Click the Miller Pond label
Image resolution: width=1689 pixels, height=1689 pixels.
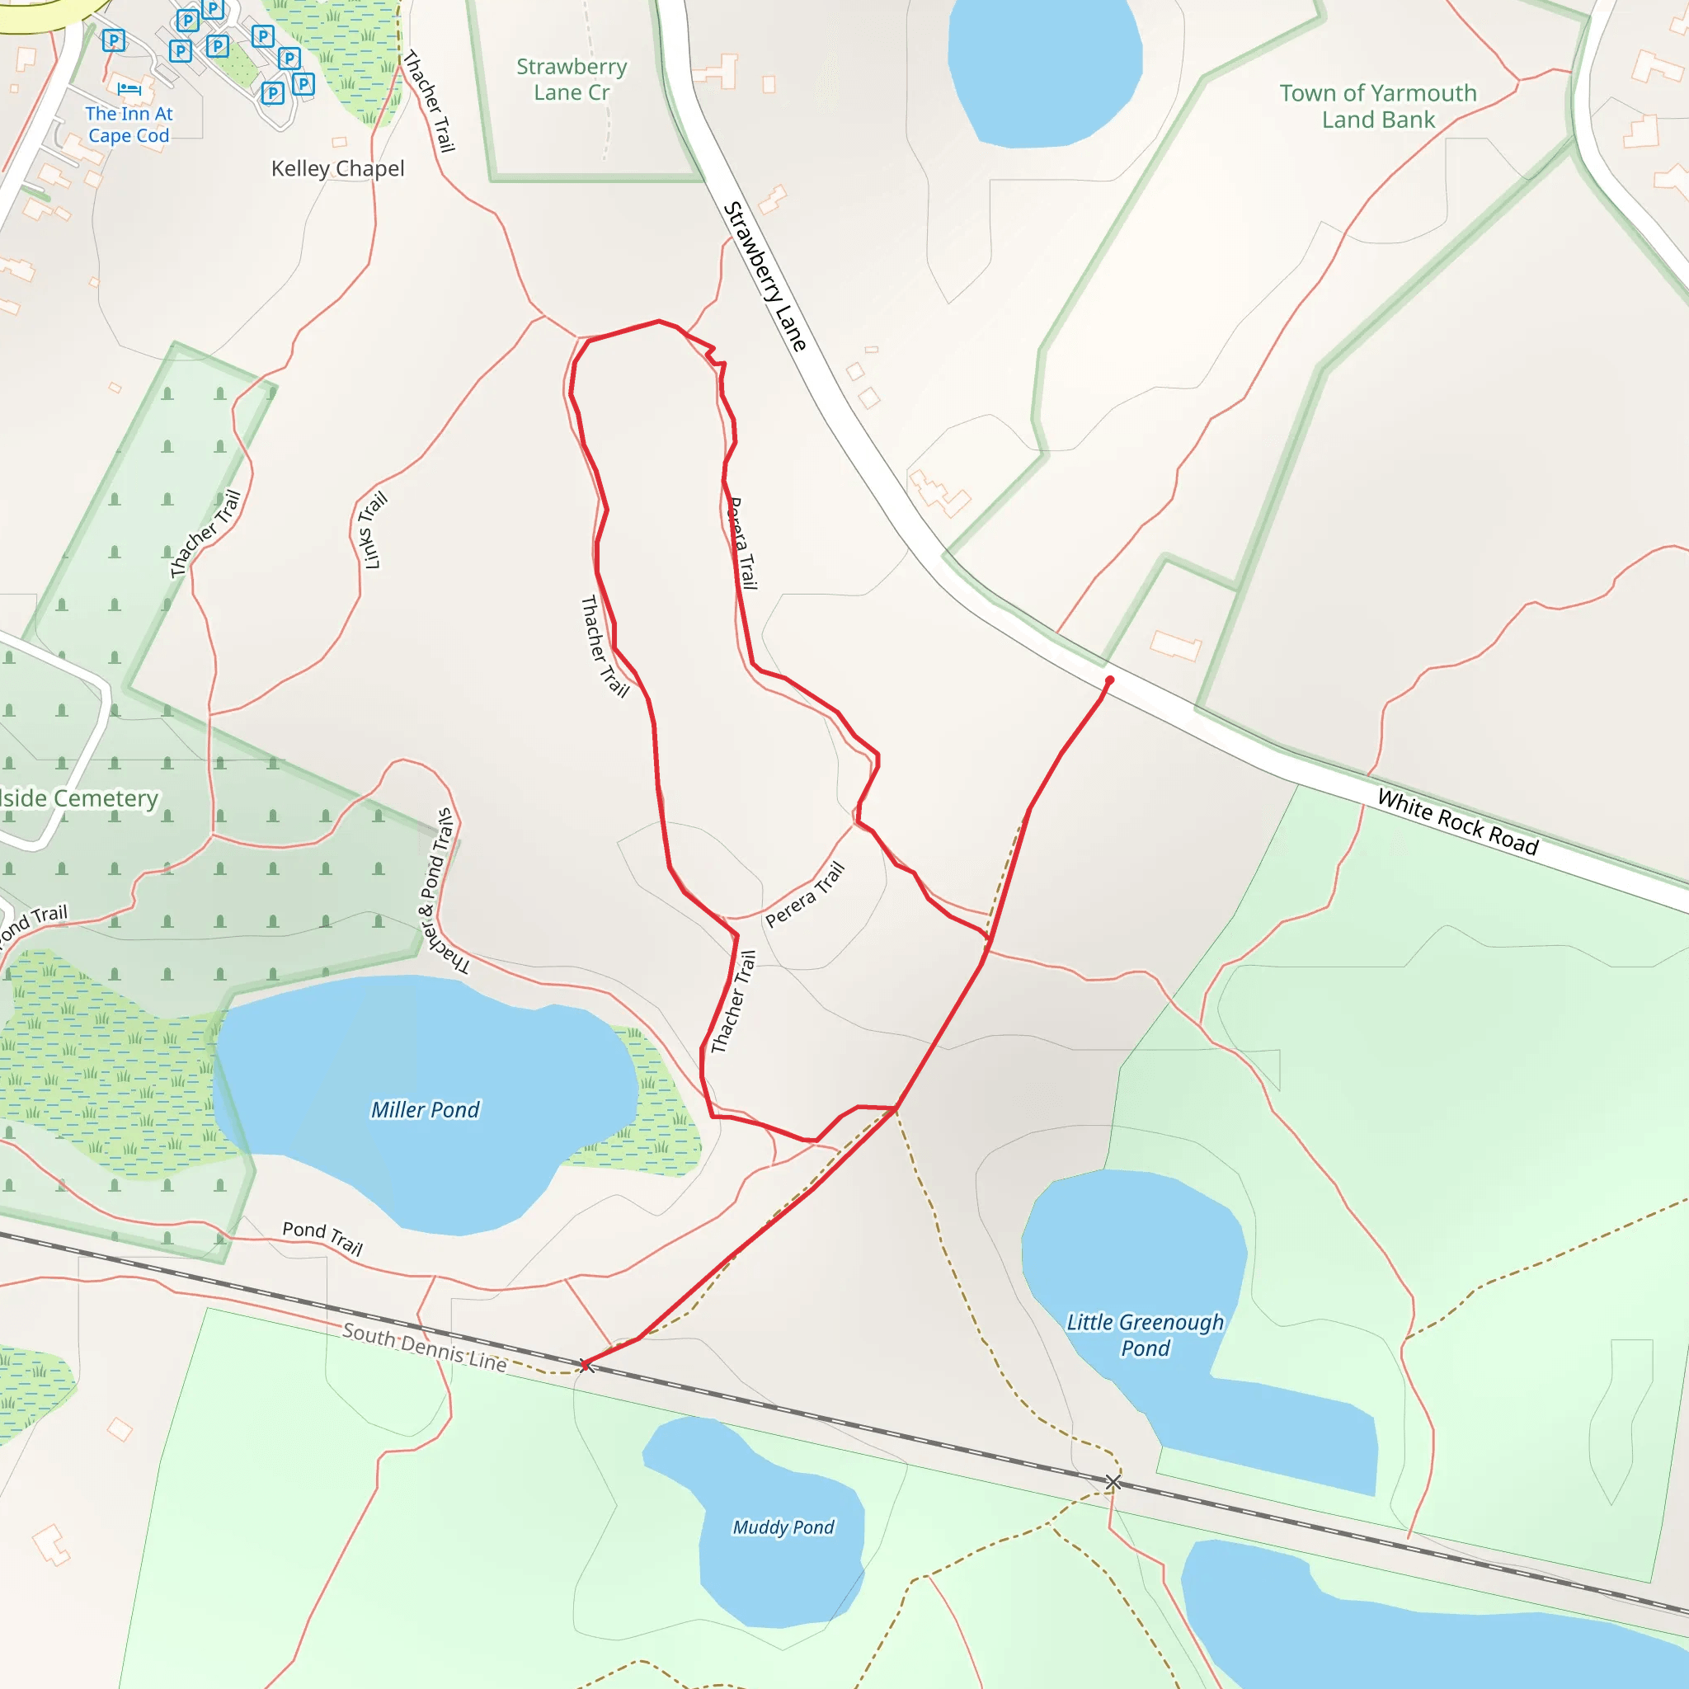pyautogui.click(x=425, y=1109)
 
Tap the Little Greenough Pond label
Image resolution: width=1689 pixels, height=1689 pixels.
pyautogui.click(x=1145, y=1334)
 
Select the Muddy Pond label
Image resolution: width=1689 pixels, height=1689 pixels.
pyautogui.click(x=783, y=1527)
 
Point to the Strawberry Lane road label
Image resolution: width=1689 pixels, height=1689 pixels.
pyautogui.click(x=764, y=276)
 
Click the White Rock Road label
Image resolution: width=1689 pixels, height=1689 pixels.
pyautogui.click(x=1457, y=821)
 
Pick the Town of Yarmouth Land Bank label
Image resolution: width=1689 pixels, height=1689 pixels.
pyautogui.click(x=1378, y=106)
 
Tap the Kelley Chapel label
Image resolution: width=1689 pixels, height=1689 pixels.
pyautogui.click(x=337, y=168)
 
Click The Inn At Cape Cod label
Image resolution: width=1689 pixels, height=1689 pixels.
pyautogui.click(x=129, y=125)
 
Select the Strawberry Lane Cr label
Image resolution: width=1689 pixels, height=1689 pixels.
pyautogui.click(x=572, y=78)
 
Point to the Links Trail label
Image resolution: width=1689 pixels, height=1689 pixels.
pyautogui.click(x=374, y=530)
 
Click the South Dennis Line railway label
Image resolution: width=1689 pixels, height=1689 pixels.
pyautogui.click(x=424, y=1348)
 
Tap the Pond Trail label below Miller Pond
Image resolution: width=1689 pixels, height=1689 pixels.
pyautogui.click(x=322, y=1238)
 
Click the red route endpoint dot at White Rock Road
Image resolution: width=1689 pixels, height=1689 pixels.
pyautogui.click(x=1109, y=680)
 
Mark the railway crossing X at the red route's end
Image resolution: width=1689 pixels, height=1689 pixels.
pyautogui.click(x=586, y=1366)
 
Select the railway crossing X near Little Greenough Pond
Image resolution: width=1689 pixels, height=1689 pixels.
pyautogui.click(x=1113, y=1482)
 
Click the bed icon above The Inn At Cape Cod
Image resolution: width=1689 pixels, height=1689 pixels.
pyautogui.click(x=129, y=88)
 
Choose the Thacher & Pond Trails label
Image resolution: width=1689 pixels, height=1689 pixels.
pyautogui.click(x=442, y=892)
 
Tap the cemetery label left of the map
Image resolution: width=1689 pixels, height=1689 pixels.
pyautogui.click(x=79, y=798)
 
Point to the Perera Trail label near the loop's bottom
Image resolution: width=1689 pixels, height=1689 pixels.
pyautogui.click(x=805, y=893)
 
